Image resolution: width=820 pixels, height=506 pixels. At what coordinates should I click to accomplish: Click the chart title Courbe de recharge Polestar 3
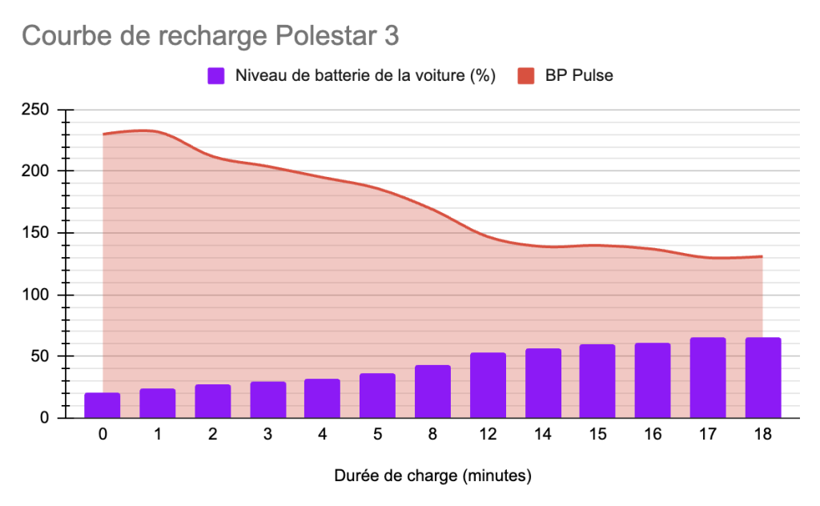pos(209,36)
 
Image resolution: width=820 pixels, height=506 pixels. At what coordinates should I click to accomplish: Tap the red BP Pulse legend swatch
pos(526,76)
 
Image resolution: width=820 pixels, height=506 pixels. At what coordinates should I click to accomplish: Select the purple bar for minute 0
pos(102,405)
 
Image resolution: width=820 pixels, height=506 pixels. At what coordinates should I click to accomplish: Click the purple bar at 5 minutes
pos(377,396)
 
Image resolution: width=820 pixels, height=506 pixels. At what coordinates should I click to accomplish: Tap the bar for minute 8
pos(432,392)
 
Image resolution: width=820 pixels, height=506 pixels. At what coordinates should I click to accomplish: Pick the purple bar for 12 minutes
pos(488,385)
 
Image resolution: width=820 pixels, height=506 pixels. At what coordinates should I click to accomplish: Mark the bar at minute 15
pos(597,381)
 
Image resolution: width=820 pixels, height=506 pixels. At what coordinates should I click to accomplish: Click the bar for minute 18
pos(762,378)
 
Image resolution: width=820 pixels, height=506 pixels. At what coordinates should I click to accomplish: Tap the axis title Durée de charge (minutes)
pos(432,476)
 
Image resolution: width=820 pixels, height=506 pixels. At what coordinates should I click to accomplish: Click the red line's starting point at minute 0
pos(103,135)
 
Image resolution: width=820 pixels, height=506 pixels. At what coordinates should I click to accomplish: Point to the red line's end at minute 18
pos(762,256)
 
